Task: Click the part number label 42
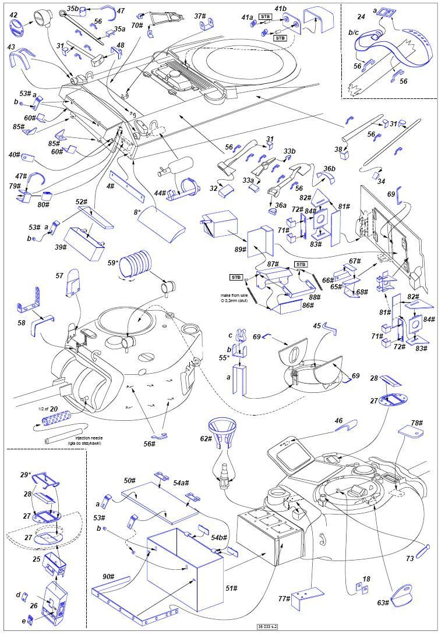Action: point(13,15)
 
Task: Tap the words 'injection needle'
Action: point(88,437)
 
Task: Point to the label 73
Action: point(410,558)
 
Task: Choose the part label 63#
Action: point(382,602)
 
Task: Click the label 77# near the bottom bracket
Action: point(284,598)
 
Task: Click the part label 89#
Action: point(239,249)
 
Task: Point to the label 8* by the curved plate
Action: point(137,212)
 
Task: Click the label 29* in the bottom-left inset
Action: point(26,475)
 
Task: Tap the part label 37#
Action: point(200,16)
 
